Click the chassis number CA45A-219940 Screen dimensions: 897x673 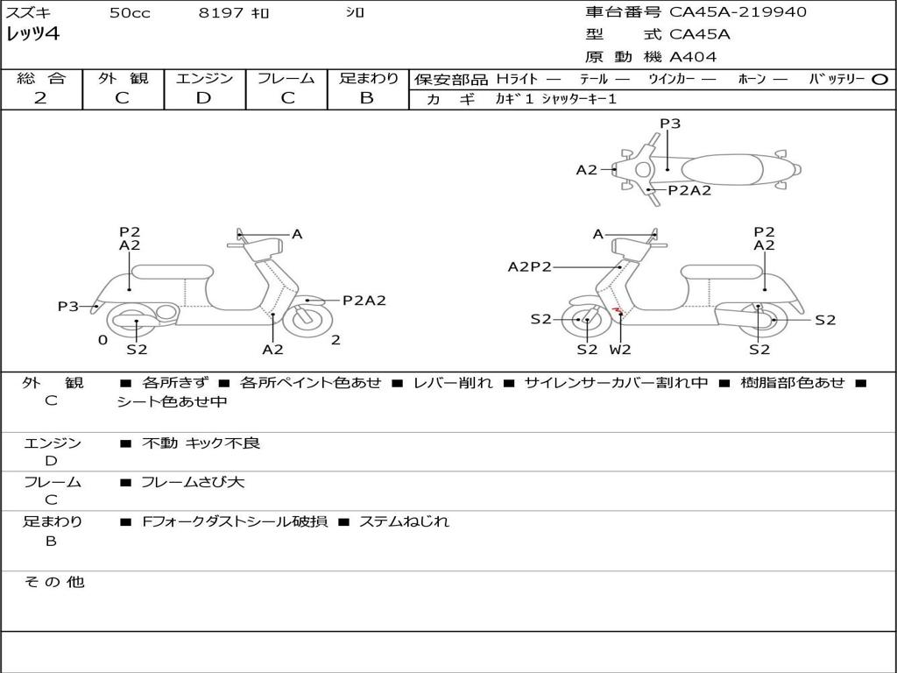point(738,12)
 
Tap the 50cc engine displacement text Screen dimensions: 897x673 point(130,13)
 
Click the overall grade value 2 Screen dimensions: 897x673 point(40,97)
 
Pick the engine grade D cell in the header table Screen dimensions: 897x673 point(204,97)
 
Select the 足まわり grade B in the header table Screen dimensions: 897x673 point(367,97)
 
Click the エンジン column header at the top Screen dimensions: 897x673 point(204,78)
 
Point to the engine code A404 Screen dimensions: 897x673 point(693,57)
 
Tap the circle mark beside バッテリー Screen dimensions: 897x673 point(880,79)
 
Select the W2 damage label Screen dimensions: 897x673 point(620,349)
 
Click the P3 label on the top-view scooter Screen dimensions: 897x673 point(670,124)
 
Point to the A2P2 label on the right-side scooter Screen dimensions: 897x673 point(530,267)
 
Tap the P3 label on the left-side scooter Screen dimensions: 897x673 point(68,307)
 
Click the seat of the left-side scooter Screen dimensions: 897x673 point(172,272)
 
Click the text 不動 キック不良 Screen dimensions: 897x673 point(201,443)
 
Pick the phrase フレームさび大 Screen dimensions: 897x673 point(193,482)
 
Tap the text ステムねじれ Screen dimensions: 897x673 point(404,521)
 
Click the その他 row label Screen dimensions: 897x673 point(53,582)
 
